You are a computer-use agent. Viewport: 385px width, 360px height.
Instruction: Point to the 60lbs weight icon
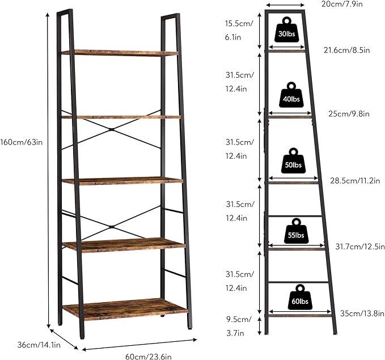tap(300, 297)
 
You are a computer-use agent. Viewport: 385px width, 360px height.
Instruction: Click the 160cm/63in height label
tap(22, 142)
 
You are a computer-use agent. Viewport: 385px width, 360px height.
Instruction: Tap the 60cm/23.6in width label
tap(149, 357)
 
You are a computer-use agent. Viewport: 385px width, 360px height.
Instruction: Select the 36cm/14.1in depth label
tap(39, 345)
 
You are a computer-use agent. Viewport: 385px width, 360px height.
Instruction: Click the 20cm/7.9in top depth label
tap(342, 4)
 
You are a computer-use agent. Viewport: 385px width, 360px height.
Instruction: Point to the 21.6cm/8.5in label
tap(346, 50)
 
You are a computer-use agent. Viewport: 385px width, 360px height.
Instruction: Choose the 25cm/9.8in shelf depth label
tap(349, 114)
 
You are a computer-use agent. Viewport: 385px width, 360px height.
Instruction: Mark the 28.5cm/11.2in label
tap(355, 181)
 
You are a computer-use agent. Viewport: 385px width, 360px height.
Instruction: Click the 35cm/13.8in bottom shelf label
tap(362, 313)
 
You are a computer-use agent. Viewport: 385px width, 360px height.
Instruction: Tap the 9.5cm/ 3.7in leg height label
tap(238, 326)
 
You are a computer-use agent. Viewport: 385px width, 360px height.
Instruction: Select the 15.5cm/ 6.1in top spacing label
tap(239, 30)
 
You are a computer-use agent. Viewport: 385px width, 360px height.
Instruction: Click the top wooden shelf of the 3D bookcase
tap(120, 53)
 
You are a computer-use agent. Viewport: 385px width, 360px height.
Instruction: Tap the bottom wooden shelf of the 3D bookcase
tap(125, 309)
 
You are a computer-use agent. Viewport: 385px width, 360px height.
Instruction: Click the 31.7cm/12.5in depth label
tap(360, 246)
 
